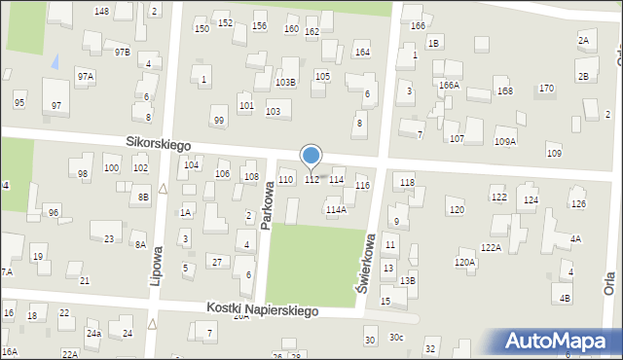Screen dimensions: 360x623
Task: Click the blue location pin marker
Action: point(311,156)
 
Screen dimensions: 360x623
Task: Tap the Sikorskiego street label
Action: point(158,143)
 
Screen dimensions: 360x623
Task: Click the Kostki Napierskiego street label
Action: point(263,309)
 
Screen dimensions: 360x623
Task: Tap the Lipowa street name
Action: point(156,265)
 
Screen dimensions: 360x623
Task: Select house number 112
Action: point(311,180)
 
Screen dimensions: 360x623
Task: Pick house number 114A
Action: point(336,209)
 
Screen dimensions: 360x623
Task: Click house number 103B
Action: point(285,83)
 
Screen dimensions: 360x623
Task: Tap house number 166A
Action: point(449,86)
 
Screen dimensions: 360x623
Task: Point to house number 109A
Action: point(505,142)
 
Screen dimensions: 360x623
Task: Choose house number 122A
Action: point(491,248)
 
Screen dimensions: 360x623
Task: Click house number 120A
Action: point(464,263)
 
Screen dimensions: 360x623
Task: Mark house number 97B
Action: point(122,52)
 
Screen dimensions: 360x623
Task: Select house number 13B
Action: point(408,281)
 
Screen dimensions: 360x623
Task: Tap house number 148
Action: point(101,11)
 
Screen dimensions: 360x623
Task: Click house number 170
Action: point(546,89)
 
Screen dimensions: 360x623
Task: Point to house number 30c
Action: point(396,338)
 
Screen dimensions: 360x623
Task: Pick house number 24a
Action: point(93,334)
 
